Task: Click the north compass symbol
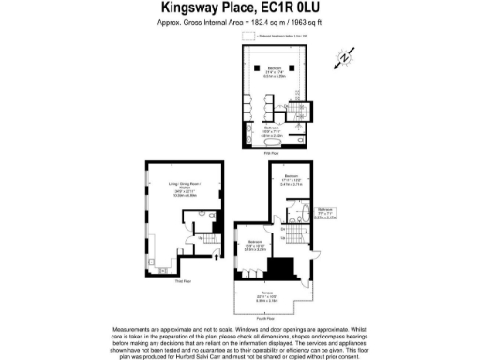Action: click(x=344, y=59)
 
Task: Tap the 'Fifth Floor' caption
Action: click(x=273, y=151)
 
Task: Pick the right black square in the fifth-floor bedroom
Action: click(x=292, y=67)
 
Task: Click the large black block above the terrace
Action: click(x=278, y=268)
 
